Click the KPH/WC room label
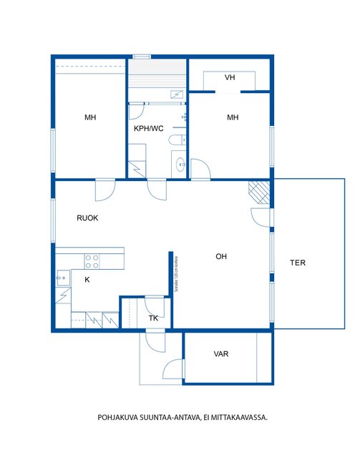coord(148,129)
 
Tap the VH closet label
coord(230,78)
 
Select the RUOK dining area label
coord(88,218)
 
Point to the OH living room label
coord(222,255)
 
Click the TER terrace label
coord(298,263)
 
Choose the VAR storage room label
coord(221,354)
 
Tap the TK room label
coord(153,318)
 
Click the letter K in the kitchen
coord(87,280)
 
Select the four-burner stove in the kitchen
coord(92,260)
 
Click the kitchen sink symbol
coord(63,274)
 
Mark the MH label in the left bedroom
coord(90,117)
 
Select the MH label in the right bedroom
coord(233,117)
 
